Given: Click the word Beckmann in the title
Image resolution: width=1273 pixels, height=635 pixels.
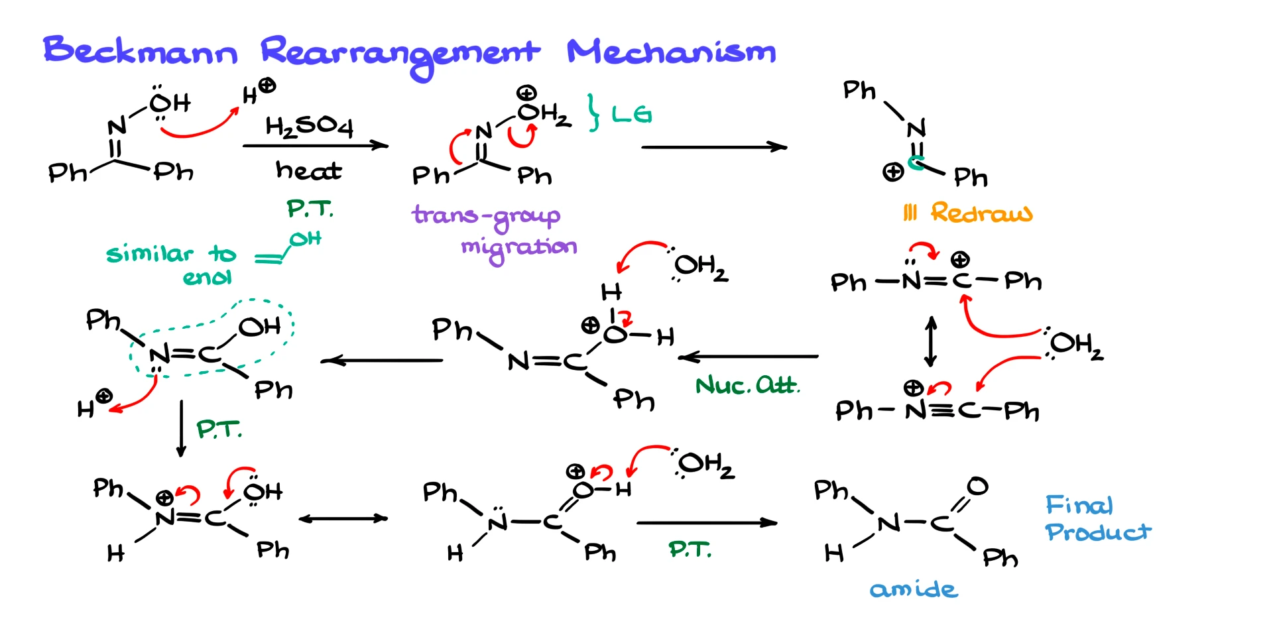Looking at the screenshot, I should click(140, 50).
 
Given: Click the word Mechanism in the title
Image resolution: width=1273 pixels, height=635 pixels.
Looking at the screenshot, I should click(671, 52).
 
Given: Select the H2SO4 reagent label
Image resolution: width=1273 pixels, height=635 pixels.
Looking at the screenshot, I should click(309, 125).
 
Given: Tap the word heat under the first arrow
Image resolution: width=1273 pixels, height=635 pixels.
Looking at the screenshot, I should click(308, 170).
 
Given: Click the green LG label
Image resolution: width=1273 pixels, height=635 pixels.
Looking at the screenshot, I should click(631, 115).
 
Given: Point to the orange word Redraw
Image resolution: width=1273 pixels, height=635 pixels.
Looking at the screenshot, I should click(981, 213).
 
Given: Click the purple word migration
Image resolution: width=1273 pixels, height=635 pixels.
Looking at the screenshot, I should click(518, 248).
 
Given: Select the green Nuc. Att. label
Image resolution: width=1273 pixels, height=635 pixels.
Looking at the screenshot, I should click(747, 385).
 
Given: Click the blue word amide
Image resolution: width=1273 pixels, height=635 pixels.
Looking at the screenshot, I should click(914, 589).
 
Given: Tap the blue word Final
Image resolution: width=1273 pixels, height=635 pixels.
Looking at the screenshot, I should click(1079, 505).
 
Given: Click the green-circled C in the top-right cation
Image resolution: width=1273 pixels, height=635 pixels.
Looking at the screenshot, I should click(916, 162).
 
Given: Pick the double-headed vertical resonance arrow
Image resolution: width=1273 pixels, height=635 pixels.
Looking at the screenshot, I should click(931, 341).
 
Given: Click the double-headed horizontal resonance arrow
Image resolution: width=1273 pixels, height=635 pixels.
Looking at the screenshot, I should click(343, 518).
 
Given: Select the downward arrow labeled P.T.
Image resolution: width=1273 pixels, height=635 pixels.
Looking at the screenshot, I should click(181, 429).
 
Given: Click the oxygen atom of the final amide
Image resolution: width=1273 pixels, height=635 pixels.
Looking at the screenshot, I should click(977, 486).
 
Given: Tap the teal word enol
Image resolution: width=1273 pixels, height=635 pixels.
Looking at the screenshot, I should click(207, 277).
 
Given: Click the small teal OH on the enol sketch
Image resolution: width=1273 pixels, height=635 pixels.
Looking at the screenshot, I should click(305, 239).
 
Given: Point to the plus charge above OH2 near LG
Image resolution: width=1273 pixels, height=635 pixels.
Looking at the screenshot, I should click(526, 93).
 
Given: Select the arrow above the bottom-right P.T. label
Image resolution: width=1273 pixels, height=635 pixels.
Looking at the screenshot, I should click(706, 523).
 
